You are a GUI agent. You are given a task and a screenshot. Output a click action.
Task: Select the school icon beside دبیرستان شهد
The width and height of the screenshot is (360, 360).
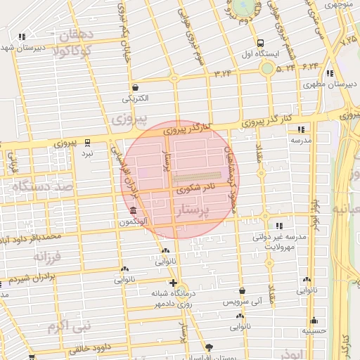(x=23, y=37)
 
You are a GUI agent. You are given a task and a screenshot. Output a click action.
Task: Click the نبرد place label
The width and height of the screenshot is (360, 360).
(x=87, y=153)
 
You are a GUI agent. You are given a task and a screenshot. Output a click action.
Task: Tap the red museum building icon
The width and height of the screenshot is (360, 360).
(x=133, y=211)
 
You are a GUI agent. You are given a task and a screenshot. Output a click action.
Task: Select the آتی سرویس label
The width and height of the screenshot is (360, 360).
(x=243, y=302)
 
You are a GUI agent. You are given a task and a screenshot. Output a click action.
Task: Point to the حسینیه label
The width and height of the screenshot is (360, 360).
(x=314, y=330)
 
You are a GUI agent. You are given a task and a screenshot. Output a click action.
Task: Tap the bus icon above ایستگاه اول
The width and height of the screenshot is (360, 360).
(x=261, y=42)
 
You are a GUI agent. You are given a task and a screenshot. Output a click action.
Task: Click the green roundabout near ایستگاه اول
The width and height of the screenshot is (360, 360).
(x=266, y=68)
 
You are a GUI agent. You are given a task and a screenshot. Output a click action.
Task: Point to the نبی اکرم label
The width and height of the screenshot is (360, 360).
(x=66, y=326)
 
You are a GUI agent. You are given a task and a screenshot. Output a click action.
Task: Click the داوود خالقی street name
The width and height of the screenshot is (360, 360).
(x=91, y=347)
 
